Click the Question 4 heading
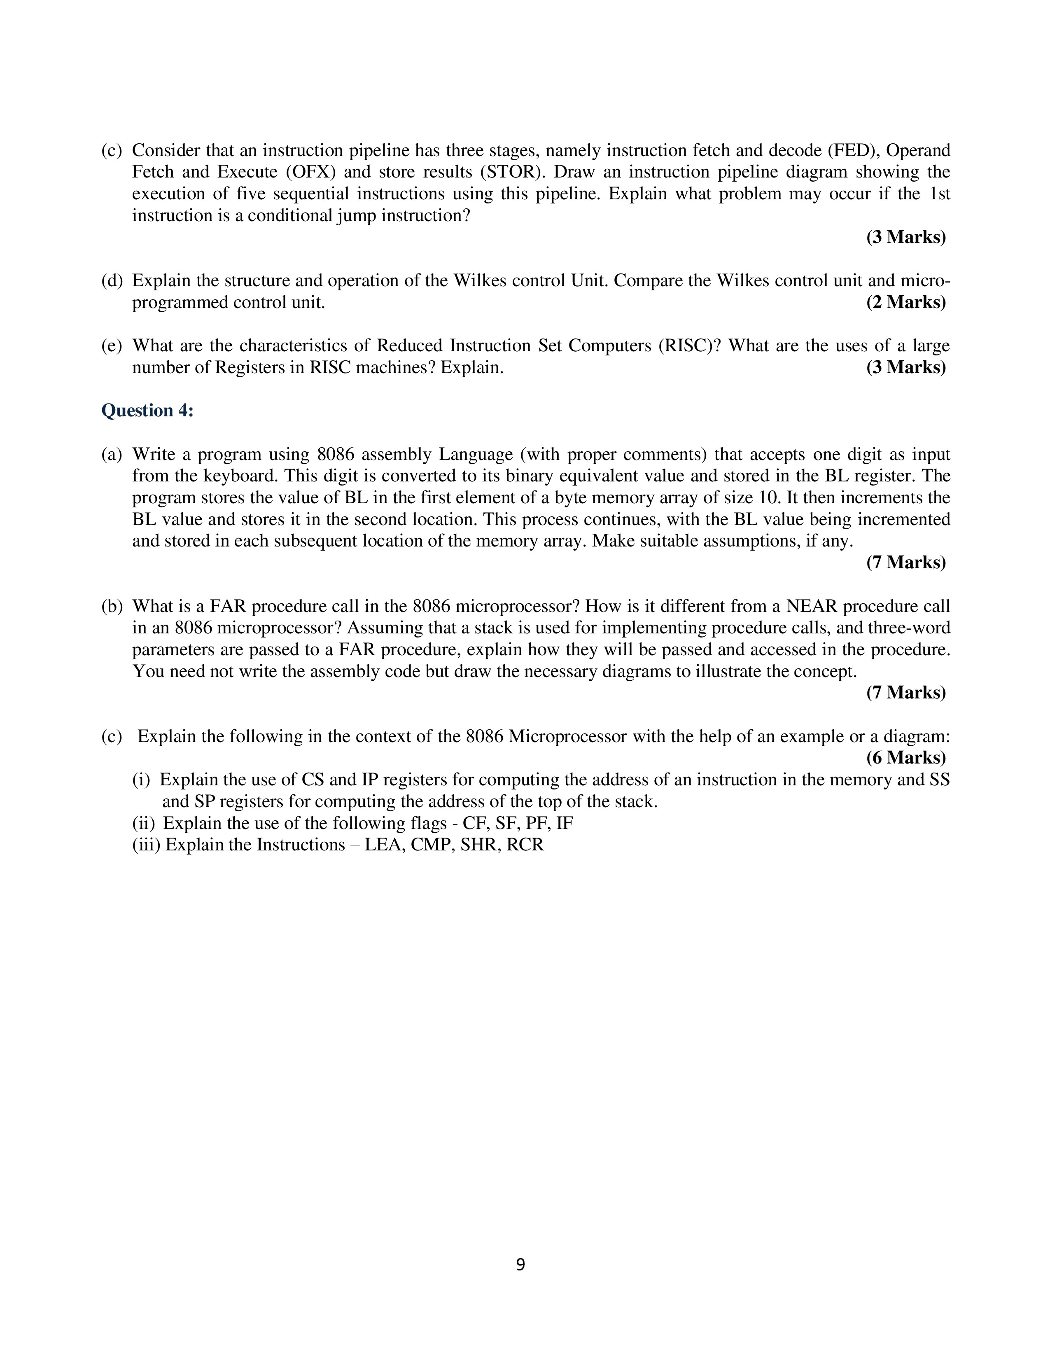pyautogui.click(x=147, y=411)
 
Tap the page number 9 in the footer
pyautogui.click(x=520, y=1264)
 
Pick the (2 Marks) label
pyautogui.click(x=906, y=302)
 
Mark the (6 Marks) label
pyautogui.click(x=906, y=758)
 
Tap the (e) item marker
pyautogui.click(x=112, y=346)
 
